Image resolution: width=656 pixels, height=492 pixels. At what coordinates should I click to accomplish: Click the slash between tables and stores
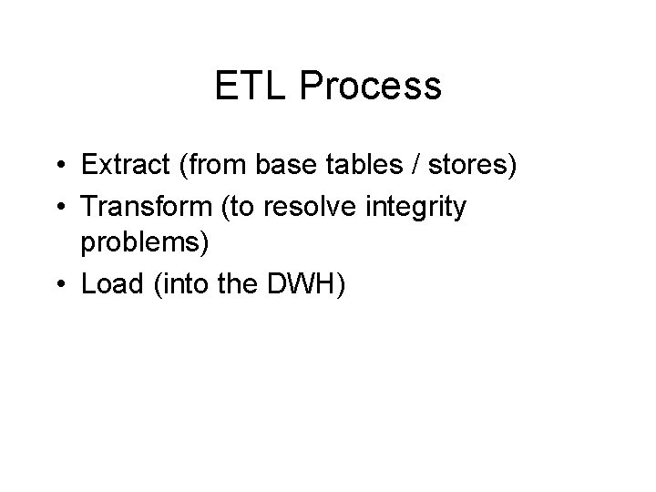tap(393, 167)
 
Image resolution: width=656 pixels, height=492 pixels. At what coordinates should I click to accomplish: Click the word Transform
tap(142, 207)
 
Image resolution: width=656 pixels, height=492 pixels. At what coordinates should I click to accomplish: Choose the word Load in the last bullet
tap(107, 285)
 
